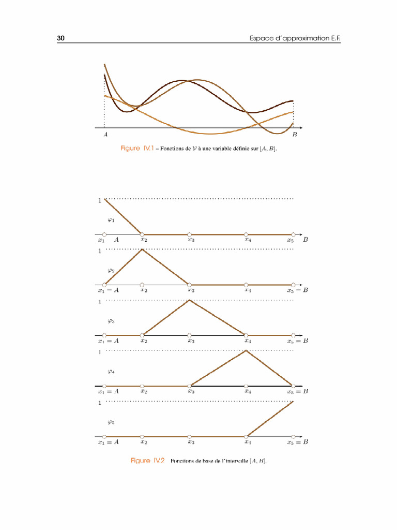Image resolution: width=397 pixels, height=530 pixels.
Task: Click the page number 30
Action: click(x=60, y=39)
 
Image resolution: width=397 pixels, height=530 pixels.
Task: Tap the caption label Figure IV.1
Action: click(x=138, y=149)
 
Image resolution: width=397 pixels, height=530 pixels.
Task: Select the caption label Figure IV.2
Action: click(x=147, y=461)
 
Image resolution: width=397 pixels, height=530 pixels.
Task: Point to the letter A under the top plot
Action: click(x=105, y=135)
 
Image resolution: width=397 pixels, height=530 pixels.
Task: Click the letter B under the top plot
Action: click(x=295, y=135)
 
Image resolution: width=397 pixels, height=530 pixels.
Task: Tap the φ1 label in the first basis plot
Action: click(x=111, y=219)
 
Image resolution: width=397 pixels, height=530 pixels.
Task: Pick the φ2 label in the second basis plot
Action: click(x=111, y=270)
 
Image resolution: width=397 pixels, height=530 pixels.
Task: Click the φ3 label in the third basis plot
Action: click(x=111, y=320)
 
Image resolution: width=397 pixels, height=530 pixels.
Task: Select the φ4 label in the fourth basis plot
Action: click(x=111, y=371)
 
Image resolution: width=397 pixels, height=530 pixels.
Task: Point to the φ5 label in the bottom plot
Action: click(x=111, y=422)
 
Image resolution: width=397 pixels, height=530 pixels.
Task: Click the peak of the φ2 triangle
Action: click(x=142, y=249)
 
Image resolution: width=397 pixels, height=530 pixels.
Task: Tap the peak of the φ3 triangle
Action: click(x=190, y=300)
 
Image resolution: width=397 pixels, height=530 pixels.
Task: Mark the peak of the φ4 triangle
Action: click(x=246, y=351)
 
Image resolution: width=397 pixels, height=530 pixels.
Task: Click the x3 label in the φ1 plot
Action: click(x=191, y=240)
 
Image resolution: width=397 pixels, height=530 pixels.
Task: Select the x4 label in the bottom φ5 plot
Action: click(x=248, y=443)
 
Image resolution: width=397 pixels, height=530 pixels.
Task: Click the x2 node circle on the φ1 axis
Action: click(x=142, y=234)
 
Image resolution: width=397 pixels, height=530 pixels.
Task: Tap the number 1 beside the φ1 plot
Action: click(x=100, y=200)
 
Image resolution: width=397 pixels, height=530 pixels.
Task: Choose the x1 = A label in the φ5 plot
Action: click(x=109, y=443)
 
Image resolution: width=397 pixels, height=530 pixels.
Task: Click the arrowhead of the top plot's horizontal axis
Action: click(x=301, y=127)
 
